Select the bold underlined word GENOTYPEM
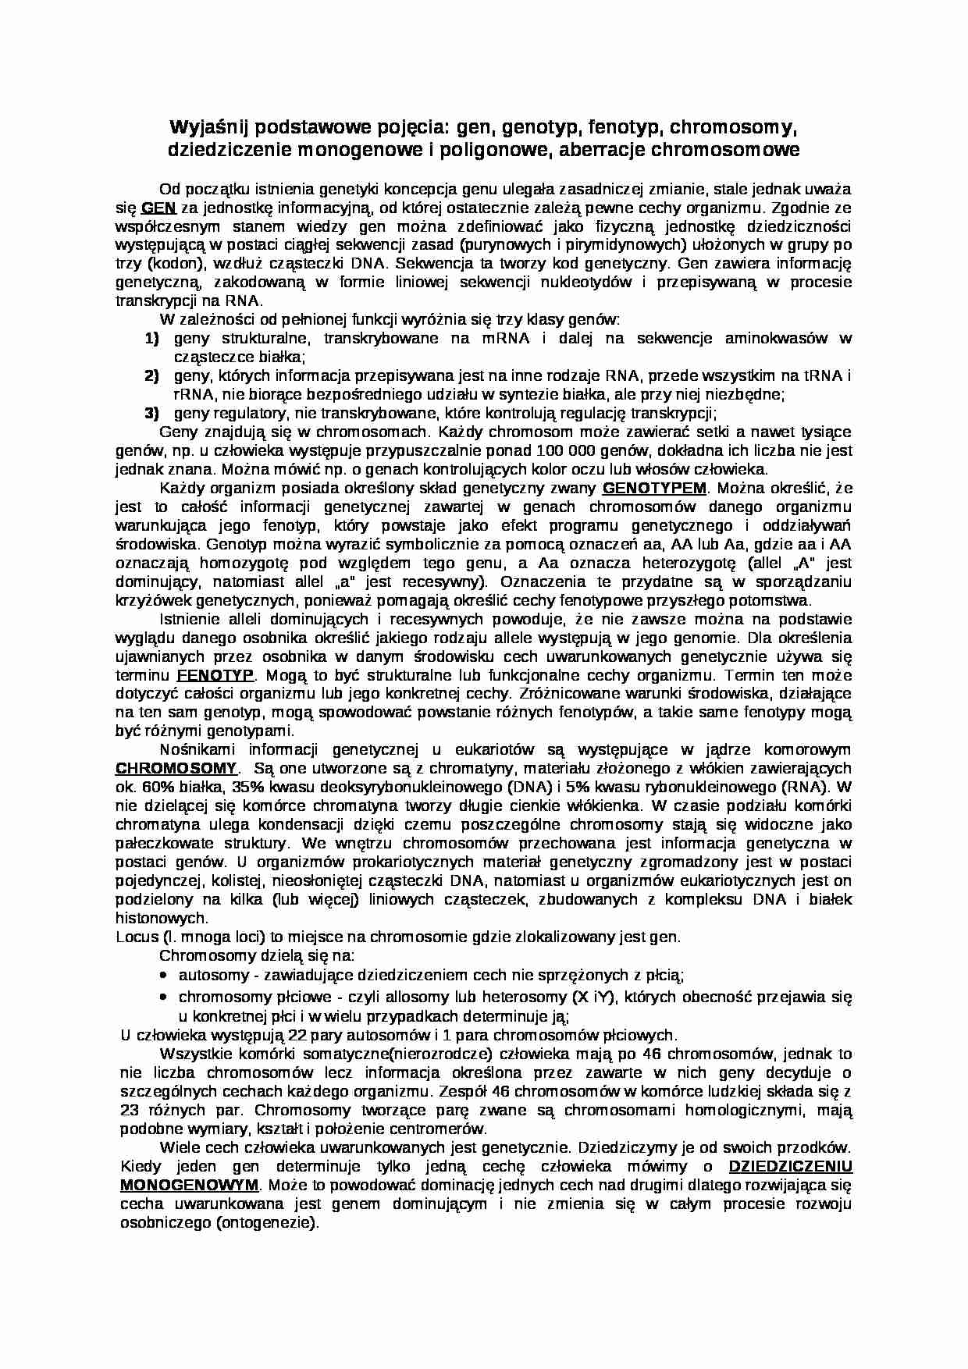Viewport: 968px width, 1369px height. tap(654, 489)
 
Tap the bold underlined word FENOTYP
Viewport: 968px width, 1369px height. tap(211, 675)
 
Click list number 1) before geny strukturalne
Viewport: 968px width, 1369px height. tap(151, 339)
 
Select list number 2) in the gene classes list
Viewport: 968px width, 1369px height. tap(151, 376)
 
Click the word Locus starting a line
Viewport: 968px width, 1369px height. tap(138, 937)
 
